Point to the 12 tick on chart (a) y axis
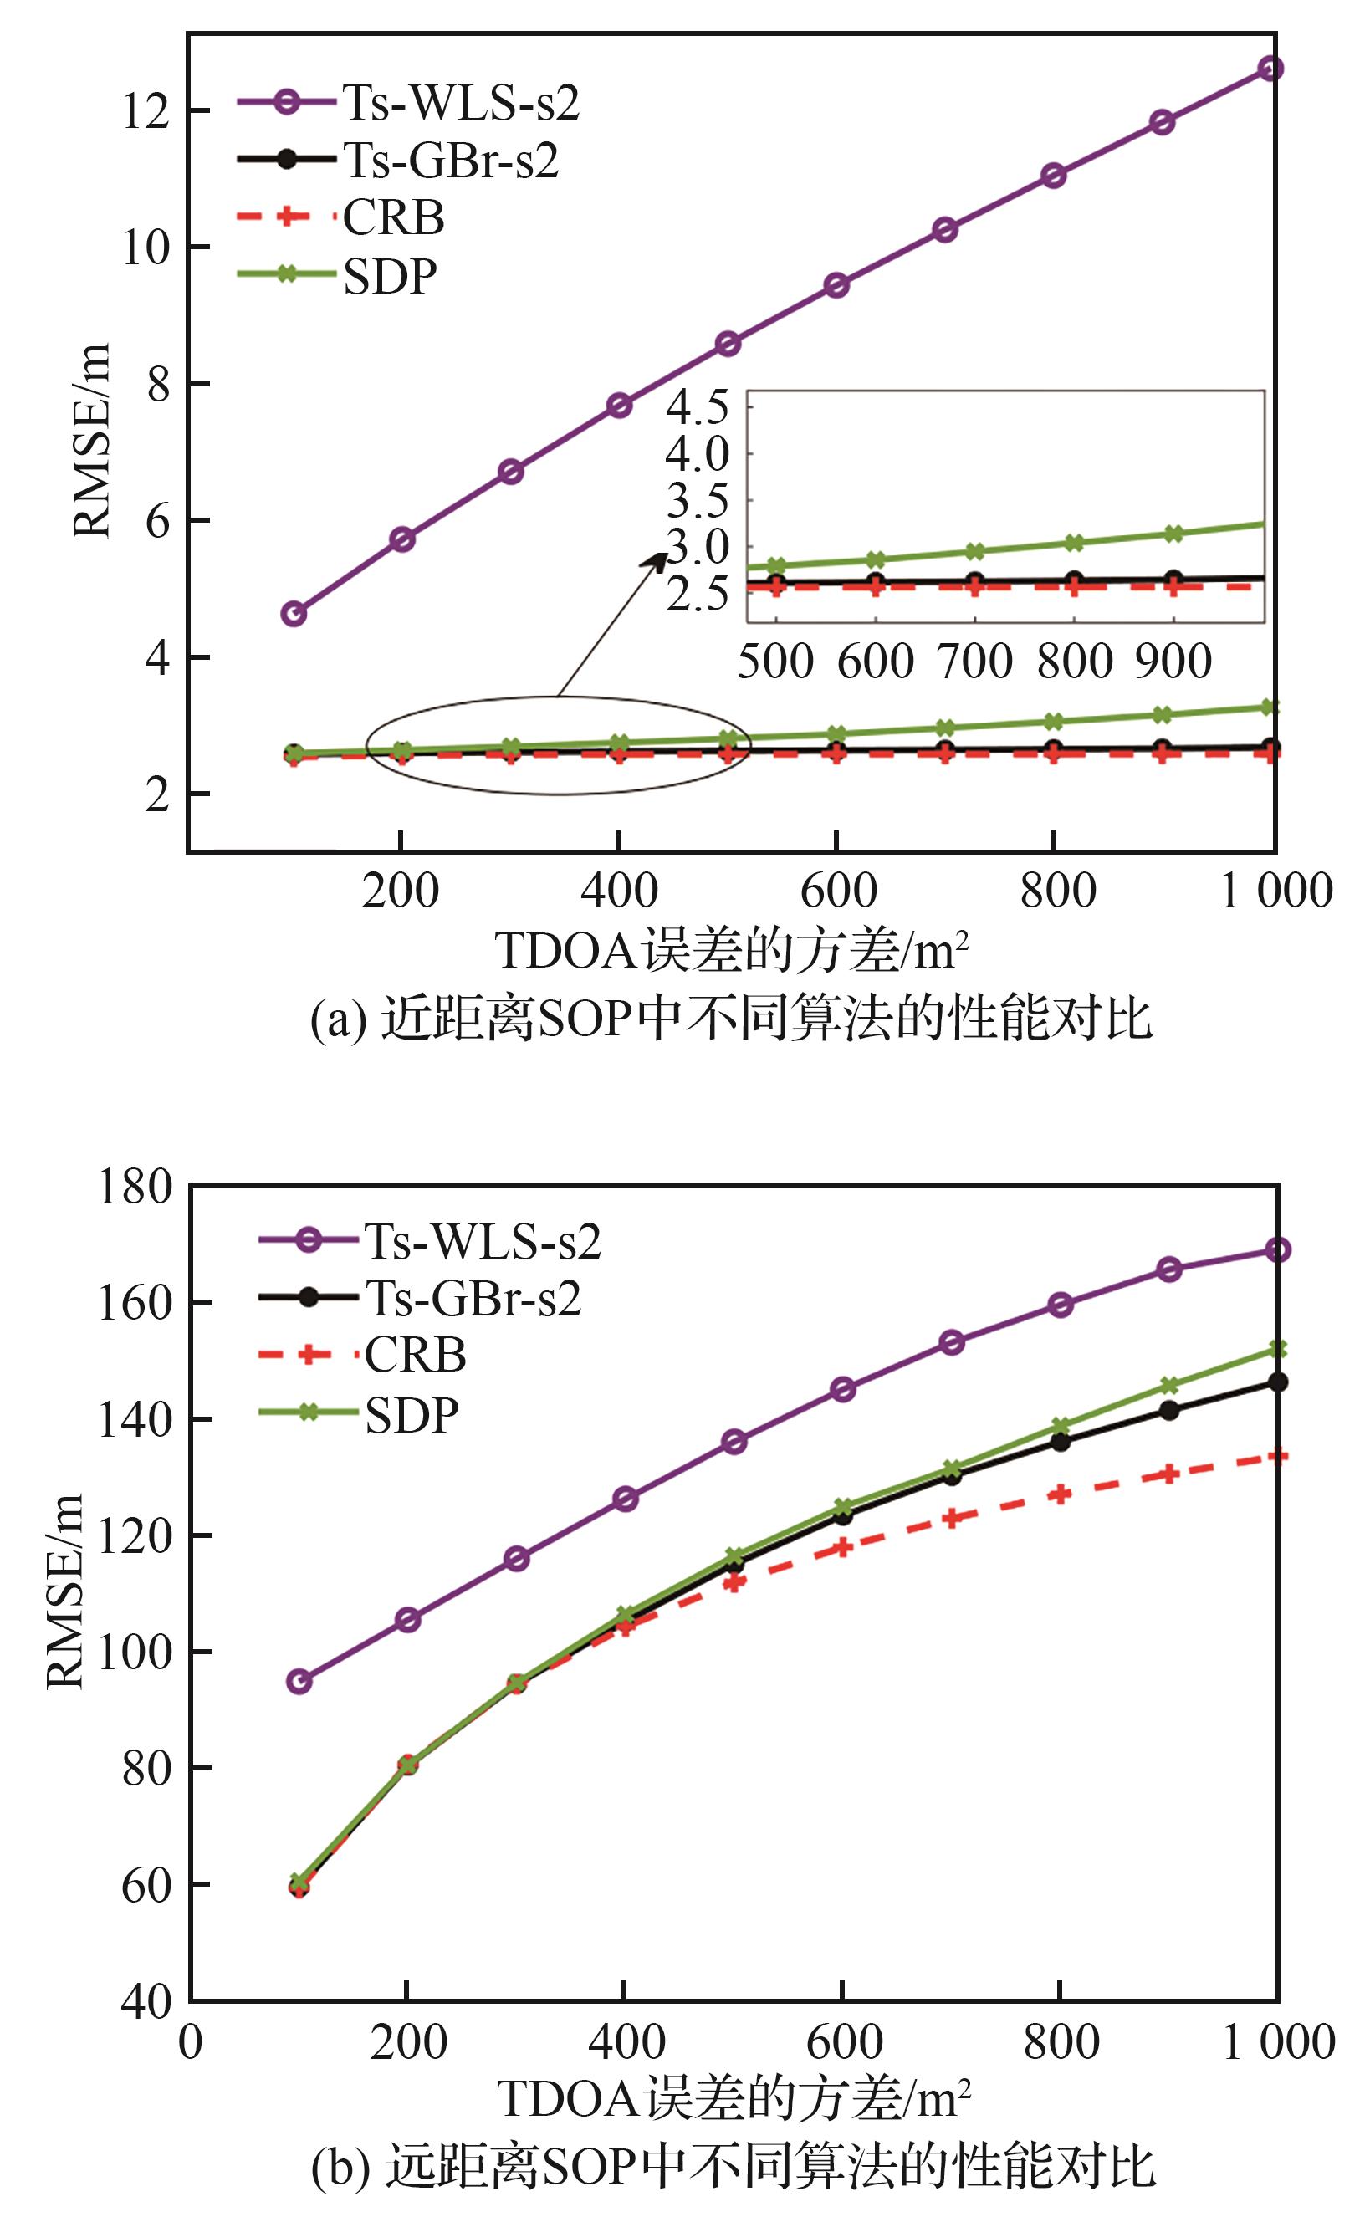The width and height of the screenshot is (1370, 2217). click(146, 111)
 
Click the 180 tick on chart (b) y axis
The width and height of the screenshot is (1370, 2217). click(135, 1187)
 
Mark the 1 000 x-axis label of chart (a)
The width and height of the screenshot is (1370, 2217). click(1275, 891)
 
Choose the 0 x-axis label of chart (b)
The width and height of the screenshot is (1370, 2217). click(191, 2042)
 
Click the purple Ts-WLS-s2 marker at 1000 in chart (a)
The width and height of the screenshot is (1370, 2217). click(1270, 69)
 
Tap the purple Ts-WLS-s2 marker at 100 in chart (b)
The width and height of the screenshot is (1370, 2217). click(299, 1682)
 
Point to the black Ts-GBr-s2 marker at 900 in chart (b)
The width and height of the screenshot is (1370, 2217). click(1169, 1411)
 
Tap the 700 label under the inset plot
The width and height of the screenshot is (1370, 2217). click(974, 661)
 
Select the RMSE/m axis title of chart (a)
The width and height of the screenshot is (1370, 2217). click(91, 441)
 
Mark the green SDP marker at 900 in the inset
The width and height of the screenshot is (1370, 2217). click(1173, 534)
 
